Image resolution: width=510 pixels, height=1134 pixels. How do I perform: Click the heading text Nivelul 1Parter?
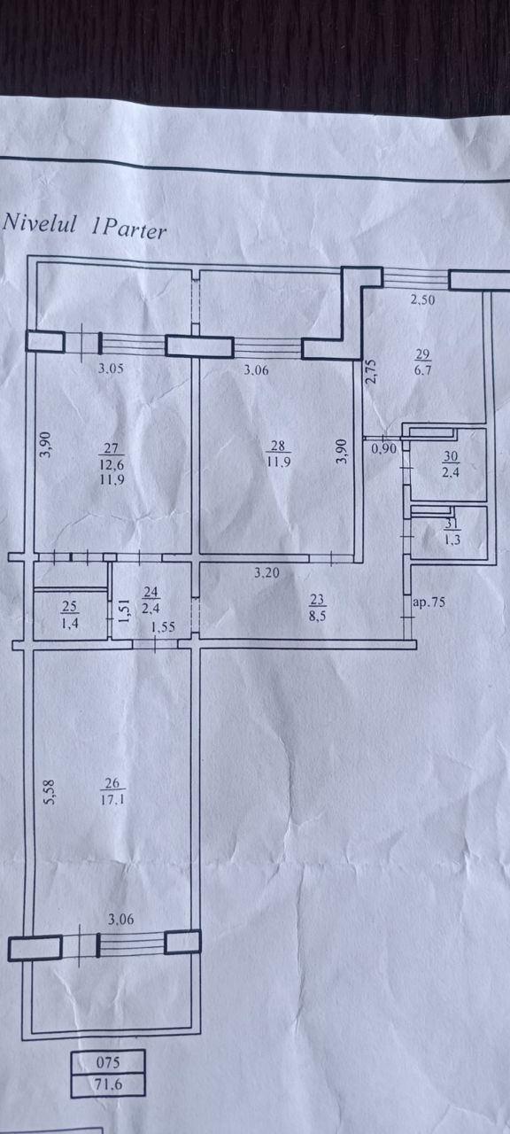tap(84, 226)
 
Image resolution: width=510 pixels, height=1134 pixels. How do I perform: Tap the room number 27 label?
tap(112, 447)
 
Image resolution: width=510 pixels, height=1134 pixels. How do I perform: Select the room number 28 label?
tap(278, 446)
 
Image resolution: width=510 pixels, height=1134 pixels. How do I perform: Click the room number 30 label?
tap(451, 456)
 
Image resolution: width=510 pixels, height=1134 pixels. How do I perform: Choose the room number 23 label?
tap(317, 600)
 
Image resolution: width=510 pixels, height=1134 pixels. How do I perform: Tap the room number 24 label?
tap(151, 592)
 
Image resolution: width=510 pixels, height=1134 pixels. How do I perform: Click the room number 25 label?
tap(70, 606)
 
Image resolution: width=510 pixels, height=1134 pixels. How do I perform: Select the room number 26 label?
tap(112, 784)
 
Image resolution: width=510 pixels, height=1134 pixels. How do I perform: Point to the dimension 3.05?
tap(111, 369)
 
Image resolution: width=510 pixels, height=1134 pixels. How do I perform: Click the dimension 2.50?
tap(422, 299)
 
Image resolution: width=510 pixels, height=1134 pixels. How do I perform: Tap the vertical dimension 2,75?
tap(371, 371)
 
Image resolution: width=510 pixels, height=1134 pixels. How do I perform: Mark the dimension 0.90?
tap(383, 448)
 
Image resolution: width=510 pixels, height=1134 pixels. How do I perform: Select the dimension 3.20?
tap(267, 573)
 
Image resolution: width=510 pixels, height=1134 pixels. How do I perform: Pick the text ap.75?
tap(429, 602)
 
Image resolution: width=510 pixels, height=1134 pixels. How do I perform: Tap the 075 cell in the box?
tap(108, 1062)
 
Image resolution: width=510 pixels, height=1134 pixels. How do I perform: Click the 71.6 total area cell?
tap(108, 1085)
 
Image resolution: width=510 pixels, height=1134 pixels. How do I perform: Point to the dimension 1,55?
tap(163, 626)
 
